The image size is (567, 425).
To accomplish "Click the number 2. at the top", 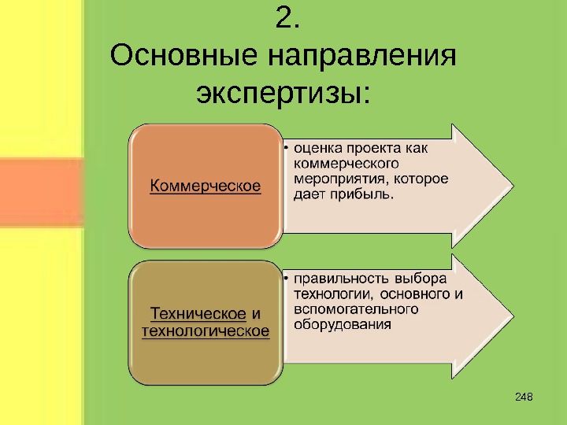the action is tap(289, 20).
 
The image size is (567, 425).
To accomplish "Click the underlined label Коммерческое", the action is tap(206, 186).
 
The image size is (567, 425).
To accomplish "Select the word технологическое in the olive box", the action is tap(205, 331).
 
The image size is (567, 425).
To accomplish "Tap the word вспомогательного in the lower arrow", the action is tap(355, 309).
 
